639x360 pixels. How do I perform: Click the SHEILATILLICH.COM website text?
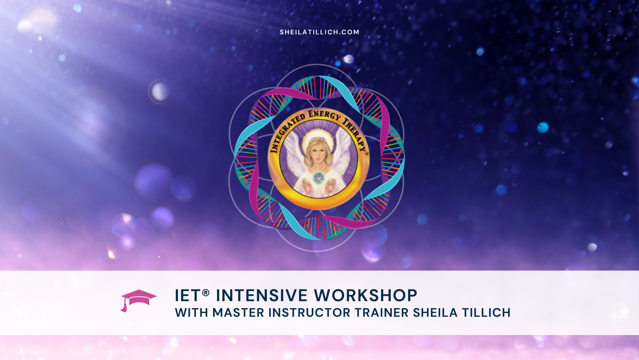coord(319,32)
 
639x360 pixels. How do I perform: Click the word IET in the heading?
coord(187,296)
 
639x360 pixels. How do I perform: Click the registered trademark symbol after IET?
coord(206,292)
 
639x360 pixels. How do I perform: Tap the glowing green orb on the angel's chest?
coord(319,178)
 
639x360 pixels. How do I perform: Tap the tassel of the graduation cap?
coord(124,308)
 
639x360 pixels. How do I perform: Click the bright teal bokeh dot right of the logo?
coord(543,127)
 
